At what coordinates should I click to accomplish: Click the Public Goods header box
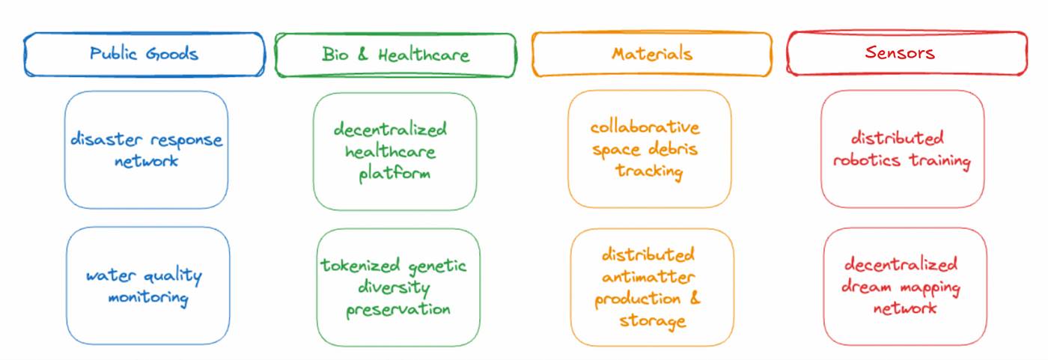click(144, 54)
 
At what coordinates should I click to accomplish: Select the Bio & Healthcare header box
click(395, 55)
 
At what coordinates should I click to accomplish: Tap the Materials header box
click(651, 54)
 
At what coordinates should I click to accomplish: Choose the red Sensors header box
click(907, 53)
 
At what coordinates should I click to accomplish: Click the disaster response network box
click(146, 150)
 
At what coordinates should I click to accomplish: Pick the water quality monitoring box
click(147, 286)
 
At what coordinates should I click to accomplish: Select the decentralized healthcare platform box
click(394, 151)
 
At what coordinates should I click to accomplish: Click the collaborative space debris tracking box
click(649, 149)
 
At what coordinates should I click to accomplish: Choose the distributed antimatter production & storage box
click(651, 287)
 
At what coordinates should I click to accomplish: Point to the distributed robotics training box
click(902, 149)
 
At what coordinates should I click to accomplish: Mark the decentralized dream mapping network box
click(904, 286)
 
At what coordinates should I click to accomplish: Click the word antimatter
click(648, 276)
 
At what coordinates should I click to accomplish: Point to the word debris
click(672, 149)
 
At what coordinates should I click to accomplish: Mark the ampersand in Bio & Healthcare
click(364, 55)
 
